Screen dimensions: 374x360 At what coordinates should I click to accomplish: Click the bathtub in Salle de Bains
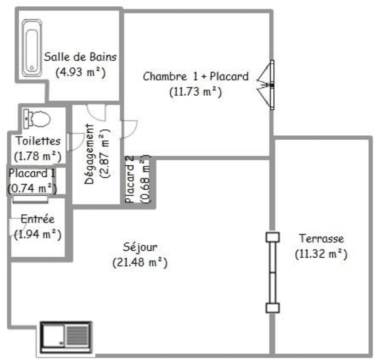coord(32,48)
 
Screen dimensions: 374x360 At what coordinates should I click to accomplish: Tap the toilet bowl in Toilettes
coord(37,119)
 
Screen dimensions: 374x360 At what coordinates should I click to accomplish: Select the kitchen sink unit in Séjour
coord(66,337)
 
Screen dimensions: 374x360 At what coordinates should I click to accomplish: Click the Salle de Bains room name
coord(80,57)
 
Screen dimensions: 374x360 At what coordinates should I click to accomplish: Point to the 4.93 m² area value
coord(80,72)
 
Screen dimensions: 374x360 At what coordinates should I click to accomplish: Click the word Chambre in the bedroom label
coord(165,76)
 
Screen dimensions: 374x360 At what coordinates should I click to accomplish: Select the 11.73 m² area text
coord(195,92)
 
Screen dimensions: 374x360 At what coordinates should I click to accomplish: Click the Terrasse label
coord(321,238)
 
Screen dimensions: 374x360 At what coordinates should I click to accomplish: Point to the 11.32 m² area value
coord(321,254)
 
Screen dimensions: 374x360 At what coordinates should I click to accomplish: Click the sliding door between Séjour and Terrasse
coord(273,273)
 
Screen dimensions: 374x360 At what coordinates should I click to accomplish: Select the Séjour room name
coord(140,247)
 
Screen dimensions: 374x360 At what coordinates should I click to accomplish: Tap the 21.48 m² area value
coord(140,262)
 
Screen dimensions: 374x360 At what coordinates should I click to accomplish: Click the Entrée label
coord(38,219)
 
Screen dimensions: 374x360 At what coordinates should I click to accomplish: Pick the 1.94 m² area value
coord(38,234)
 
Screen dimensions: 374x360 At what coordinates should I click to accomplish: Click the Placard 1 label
coord(32,173)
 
